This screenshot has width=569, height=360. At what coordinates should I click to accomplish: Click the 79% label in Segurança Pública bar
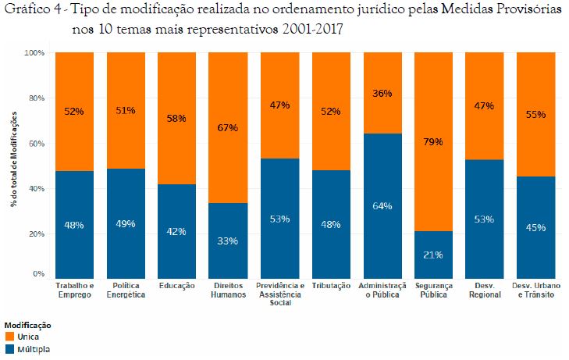click(x=433, y=141)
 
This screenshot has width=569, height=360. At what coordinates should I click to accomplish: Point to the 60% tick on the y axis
click(x=37, y=144)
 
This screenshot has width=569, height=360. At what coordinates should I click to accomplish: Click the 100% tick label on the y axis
click(x=35, y=53)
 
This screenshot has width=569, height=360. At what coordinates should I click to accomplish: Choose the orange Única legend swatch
click(x=9, y=336)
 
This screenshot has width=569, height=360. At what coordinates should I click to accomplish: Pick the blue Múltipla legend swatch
click(x=9, y=348)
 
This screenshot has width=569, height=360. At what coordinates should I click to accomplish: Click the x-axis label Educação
click(x=176, y=286)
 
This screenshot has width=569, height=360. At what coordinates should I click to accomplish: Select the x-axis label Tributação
click(x=330, y=286)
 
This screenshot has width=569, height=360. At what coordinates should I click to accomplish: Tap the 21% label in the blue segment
click(x=433, y=254)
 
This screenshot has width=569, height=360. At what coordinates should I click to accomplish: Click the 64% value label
click(x=382, y=206)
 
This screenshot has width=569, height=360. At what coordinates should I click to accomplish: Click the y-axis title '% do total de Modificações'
click(x=13, y=164)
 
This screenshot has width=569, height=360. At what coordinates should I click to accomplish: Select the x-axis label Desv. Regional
click(x=485, y=290)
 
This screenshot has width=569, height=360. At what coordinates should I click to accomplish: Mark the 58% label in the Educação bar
click(x=176, y=118)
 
